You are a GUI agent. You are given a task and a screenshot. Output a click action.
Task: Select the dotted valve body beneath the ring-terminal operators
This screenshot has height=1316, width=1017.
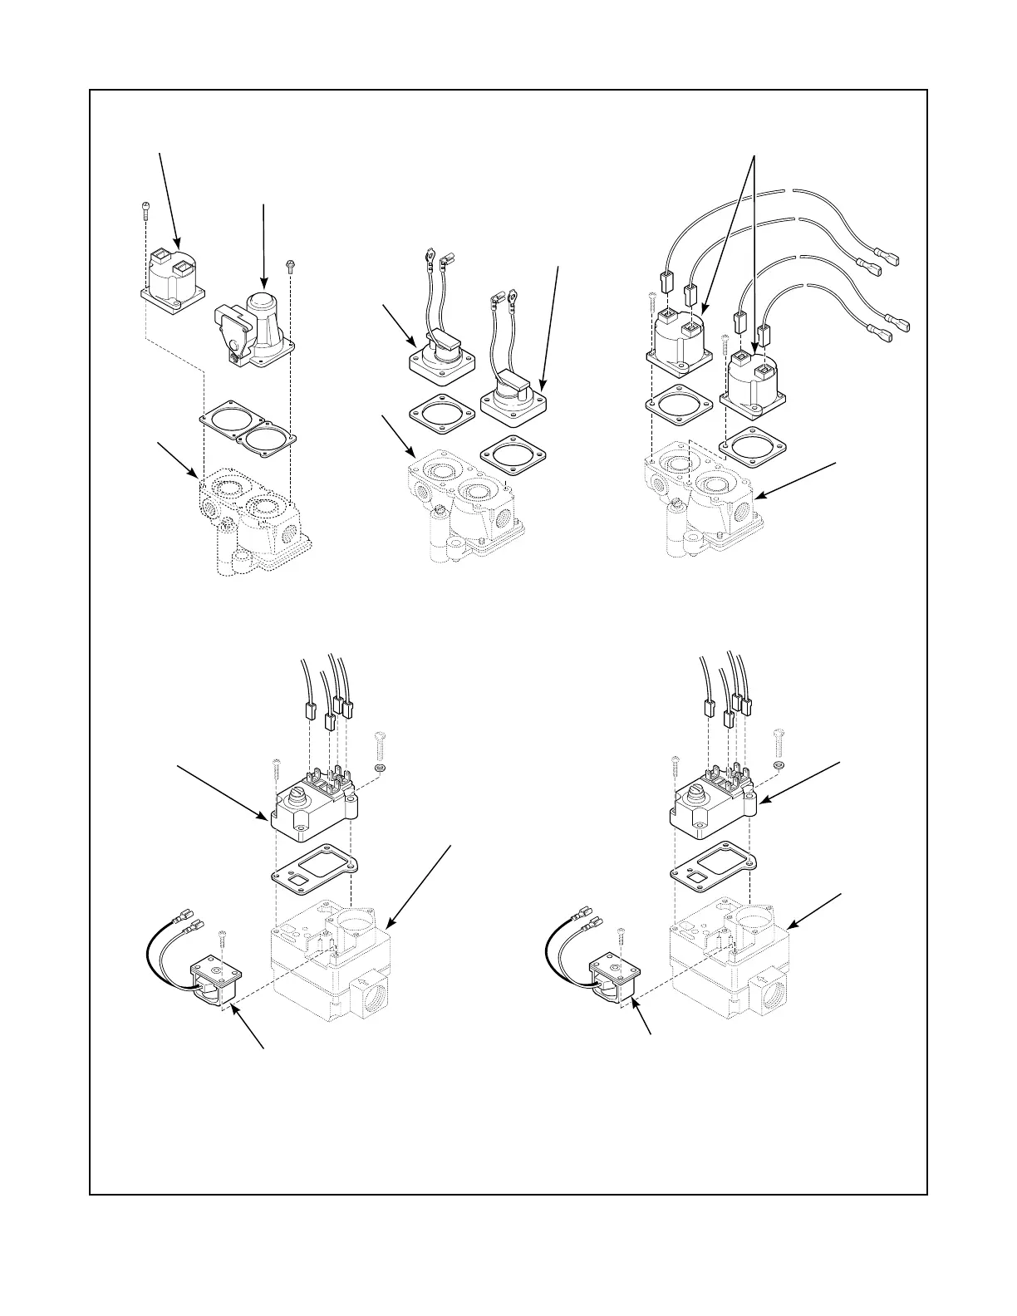click(461, 507)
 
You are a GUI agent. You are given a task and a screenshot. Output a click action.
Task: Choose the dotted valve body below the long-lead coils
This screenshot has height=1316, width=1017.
click(702, 503)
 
